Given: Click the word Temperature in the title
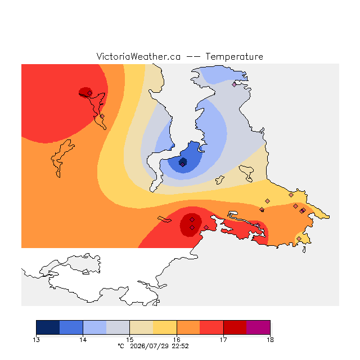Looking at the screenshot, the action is coord(234,56).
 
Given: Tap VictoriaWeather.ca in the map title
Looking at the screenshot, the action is coord(138,56).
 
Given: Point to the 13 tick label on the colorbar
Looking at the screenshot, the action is coord(36,340).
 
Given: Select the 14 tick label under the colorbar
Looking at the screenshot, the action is coord(83,340).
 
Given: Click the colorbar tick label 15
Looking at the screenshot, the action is coord(130,340).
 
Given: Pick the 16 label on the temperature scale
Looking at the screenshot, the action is coord(177,340).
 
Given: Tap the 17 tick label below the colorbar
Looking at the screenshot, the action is coord(223,340).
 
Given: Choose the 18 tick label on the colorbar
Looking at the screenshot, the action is coord(270,340).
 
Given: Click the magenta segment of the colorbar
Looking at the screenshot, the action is coord(258,327).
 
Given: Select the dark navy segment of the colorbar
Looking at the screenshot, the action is coord(48,327).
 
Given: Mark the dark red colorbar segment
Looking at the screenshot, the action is coord(235,327).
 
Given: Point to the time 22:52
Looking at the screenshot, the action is coord(180,346).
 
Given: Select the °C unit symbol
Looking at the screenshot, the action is coord(121,346).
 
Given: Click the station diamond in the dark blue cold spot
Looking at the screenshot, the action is coord(182,164).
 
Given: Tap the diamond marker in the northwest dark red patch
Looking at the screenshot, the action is coord(90,93).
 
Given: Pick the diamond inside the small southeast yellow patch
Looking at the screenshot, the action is coord(299,238).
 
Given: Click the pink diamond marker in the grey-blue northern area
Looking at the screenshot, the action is coord(234,84).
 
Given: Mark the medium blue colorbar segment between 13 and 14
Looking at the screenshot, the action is coord(71,327).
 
